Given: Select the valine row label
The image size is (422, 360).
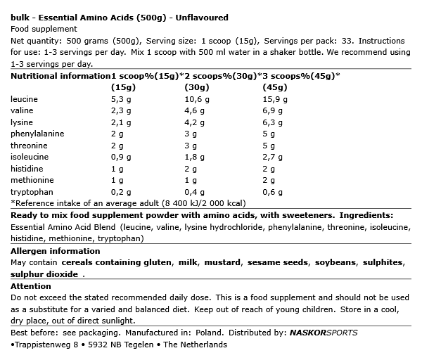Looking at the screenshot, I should click(23, 110).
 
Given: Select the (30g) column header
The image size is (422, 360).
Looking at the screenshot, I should click(196, 87).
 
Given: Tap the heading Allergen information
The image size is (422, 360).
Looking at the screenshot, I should click(56, 251).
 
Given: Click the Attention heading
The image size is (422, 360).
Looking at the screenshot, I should click(32, 286).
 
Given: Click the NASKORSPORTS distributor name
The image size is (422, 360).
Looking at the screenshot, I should click(325, 333).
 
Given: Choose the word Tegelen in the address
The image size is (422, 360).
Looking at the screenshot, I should click(141, 345).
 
